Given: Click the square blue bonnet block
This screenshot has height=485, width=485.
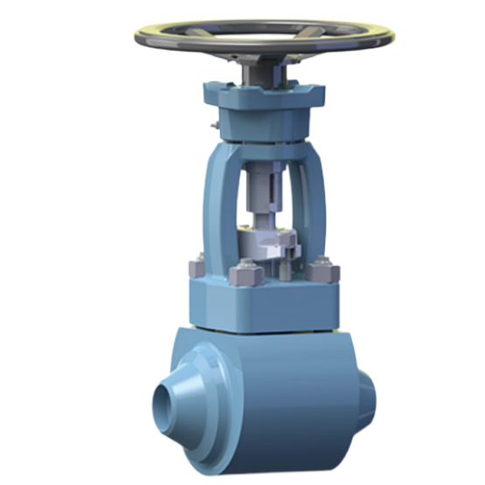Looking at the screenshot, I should (x=262, y=301).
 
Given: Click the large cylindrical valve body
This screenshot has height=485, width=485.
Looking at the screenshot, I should (x=280, y=385).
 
